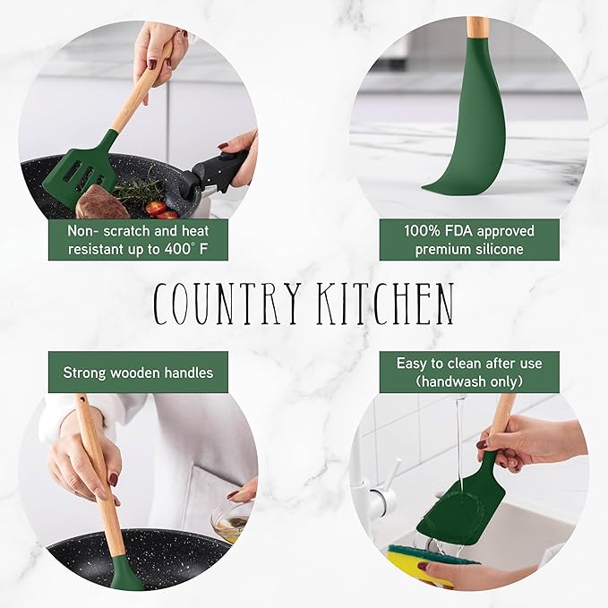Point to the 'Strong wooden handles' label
tap(138, 372)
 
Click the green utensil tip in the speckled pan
tap(126, 572)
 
